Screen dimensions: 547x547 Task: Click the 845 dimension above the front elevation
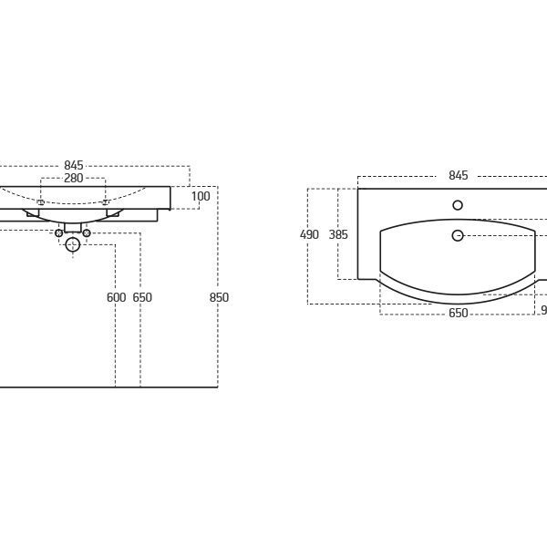[x=74, y=165]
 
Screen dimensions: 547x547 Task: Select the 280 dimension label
[x=74, y=178]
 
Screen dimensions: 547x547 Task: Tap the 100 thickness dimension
[x=201, y=196]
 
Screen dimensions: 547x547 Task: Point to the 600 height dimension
[x=116, y=297]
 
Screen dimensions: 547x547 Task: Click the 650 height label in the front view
[x=142, y=297]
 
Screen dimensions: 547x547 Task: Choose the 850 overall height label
[x=219, y=297]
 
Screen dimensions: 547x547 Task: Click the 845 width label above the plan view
[x=458, y=175]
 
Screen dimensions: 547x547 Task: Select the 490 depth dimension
[x=309, y=234]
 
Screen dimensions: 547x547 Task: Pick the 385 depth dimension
[x=338, y=234]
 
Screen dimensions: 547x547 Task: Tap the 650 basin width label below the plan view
[x=458, y=313]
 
